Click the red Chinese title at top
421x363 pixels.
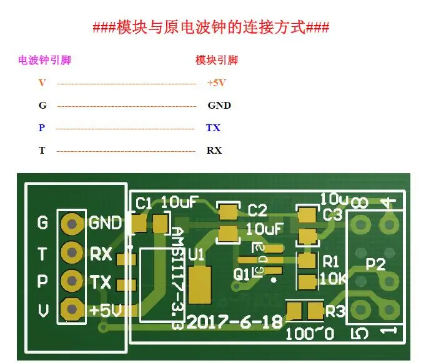coord(210,28)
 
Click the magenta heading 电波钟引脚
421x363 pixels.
coord(44,61)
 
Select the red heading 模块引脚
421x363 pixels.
coord(216,61)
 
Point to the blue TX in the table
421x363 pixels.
coord(213,128)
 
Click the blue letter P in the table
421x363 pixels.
coord(42,128)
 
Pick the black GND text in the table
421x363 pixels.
coord(219,105)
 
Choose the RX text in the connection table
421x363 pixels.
coord(214,151)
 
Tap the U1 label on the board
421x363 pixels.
coord(196,255)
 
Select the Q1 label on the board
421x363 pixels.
coord(242,272)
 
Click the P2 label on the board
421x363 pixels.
coord(375,264)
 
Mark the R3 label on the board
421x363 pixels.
coord(335,310)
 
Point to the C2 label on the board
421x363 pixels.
coord(257,210)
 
